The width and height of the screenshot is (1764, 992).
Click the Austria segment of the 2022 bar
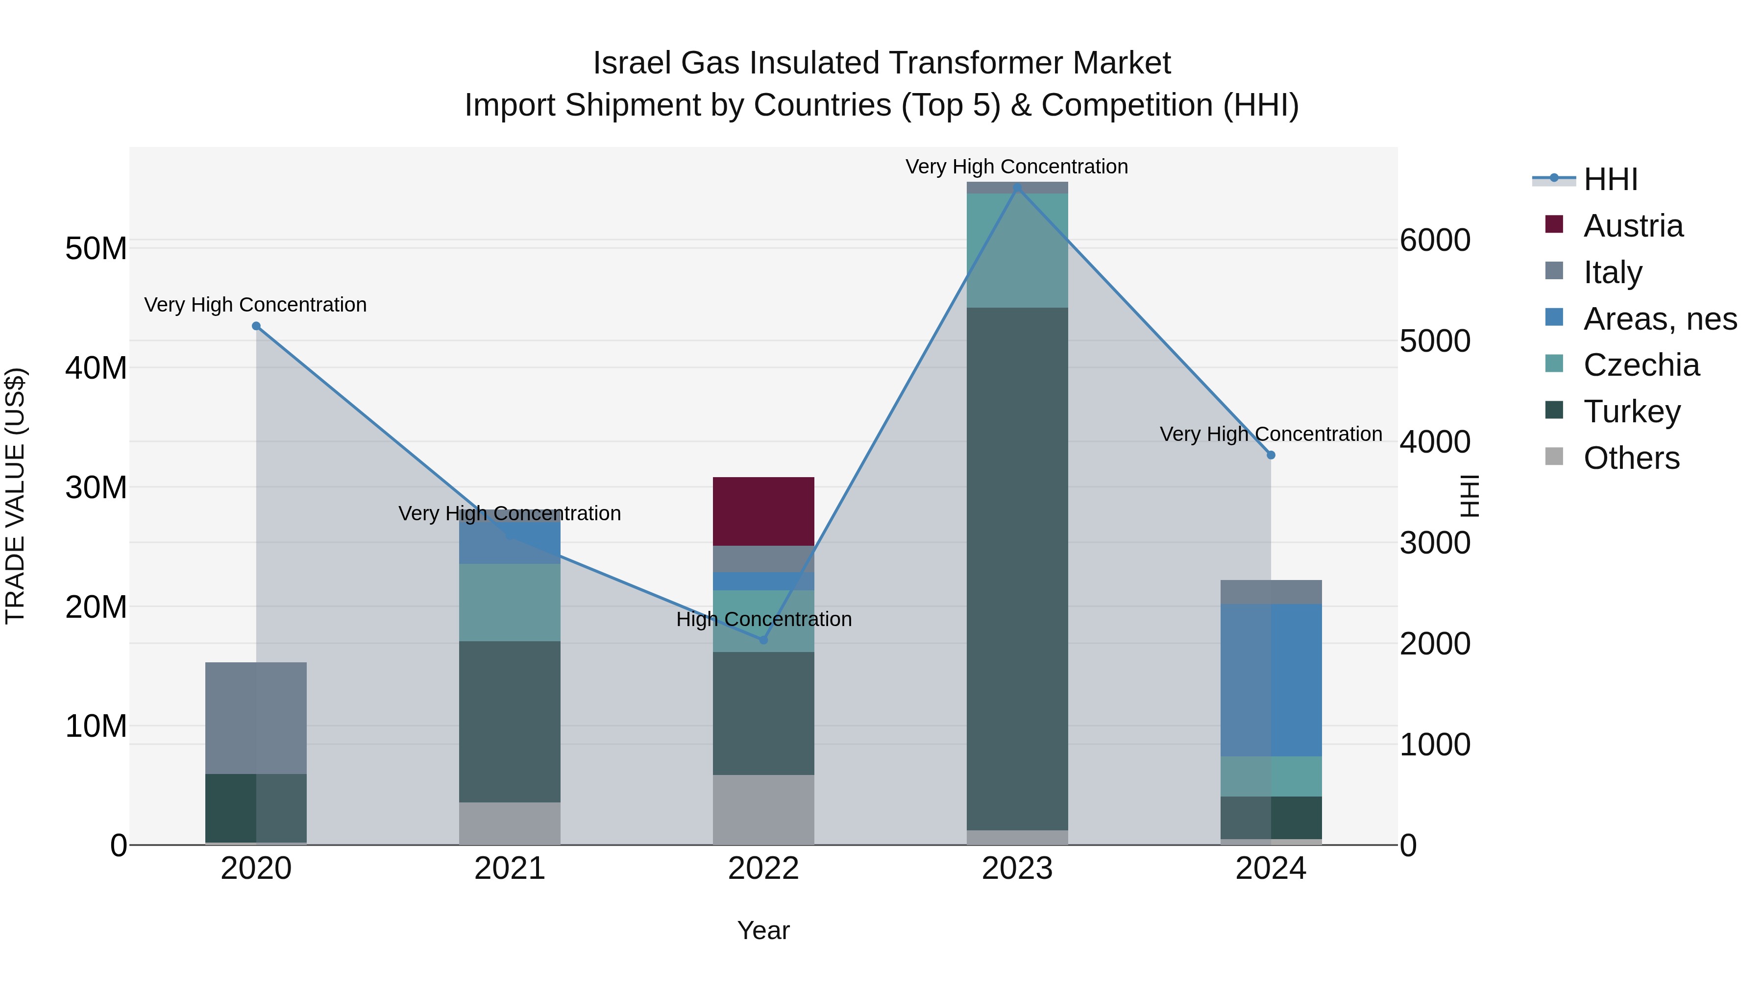763,511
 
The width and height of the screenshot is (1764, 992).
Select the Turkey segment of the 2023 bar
1017,568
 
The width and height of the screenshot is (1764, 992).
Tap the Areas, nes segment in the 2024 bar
1271,680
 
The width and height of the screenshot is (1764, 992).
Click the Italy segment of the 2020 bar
256,718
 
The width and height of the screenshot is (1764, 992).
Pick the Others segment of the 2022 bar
763,809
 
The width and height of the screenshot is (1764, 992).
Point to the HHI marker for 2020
256,326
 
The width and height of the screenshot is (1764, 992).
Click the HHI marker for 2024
1271,455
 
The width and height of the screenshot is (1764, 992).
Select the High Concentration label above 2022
763,619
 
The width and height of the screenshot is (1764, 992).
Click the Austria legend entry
1633,226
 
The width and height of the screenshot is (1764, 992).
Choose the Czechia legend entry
1641,365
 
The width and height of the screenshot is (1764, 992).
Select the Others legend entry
1631,458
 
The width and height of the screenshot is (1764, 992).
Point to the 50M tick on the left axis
96,248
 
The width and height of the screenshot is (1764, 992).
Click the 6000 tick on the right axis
1435,241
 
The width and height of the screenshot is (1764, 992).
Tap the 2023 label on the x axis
1017,869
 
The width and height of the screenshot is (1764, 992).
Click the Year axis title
763,930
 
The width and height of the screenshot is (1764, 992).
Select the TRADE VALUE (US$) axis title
15,496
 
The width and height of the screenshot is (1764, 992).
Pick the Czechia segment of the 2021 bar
510,603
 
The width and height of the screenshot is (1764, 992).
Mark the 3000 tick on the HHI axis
1435,543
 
